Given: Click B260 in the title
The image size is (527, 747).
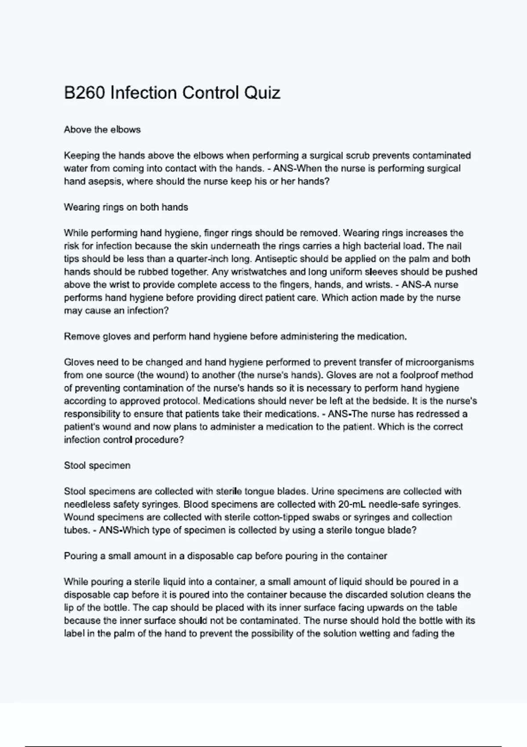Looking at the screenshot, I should [84, 93].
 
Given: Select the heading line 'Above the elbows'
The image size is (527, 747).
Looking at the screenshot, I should [102, 130].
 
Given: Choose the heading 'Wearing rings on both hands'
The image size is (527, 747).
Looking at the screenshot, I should [126, 207].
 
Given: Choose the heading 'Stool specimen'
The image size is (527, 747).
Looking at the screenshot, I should [97, 466].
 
